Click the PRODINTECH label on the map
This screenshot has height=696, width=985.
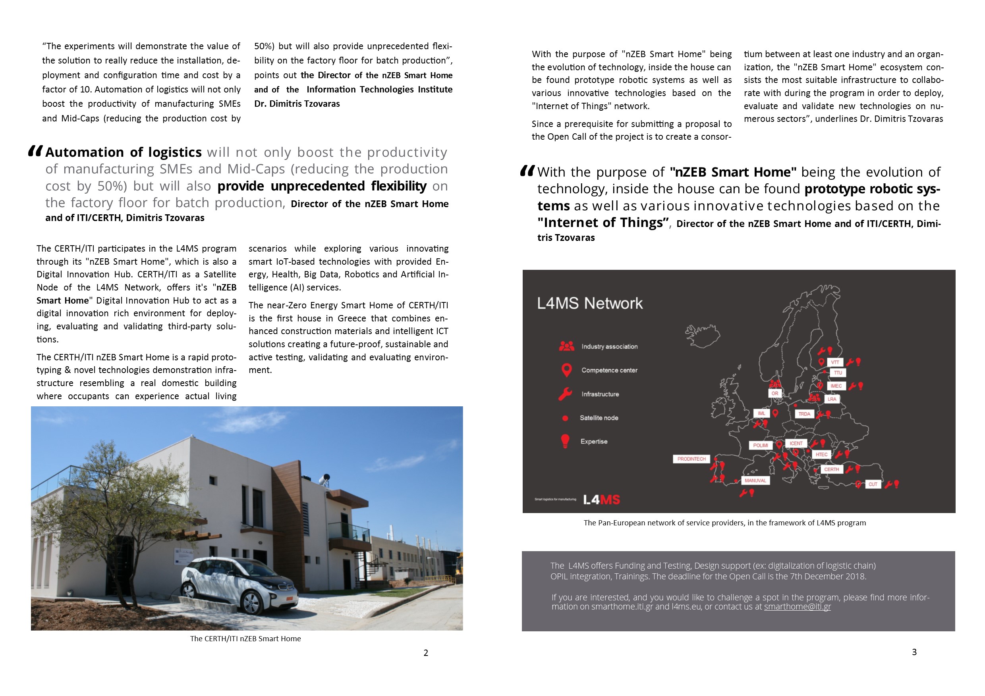pos(691,459)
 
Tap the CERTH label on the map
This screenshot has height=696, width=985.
pos(831,469)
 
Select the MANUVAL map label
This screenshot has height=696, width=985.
pos(755,481)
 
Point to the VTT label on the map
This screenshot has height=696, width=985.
pos(835,362)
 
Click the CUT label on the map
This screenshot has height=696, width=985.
pos(873,484)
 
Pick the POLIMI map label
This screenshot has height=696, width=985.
pos(760,445)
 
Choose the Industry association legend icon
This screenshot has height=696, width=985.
pos(566,346)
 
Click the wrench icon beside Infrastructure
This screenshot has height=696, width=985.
pos(566,394)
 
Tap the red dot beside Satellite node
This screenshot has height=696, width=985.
pos(566,418)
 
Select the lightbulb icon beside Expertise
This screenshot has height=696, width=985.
pos(566,441)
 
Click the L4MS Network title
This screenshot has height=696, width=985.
pos(589,304)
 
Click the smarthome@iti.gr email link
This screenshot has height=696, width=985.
pos(797,607)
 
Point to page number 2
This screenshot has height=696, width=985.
pos(425,653)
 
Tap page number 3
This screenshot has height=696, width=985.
pos(914,652)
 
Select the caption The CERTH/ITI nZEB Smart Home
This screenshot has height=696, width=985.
pos(245,638)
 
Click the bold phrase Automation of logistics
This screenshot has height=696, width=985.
pos(124,152)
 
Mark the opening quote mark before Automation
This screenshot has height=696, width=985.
pos(35,151)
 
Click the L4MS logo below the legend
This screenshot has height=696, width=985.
pos(601,500)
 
